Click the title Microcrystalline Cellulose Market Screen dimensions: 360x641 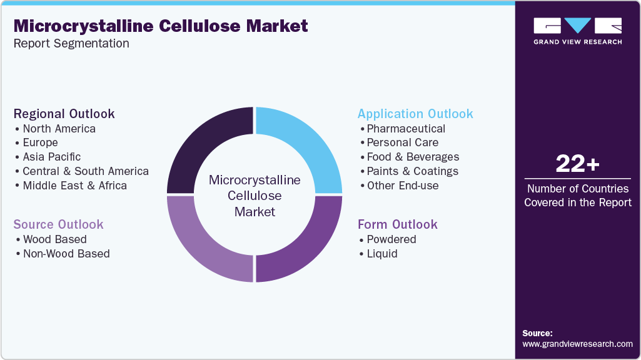click(x=161, y=26)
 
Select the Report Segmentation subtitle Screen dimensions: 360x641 click(x=71, y=44)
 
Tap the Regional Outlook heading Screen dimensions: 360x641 click(x=64, y=114)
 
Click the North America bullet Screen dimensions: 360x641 click(x=59, y=129)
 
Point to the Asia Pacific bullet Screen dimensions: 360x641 click(x=51, y=157)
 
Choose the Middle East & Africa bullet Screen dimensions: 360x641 click(x=74, y=186)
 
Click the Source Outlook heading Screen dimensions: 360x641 click(x=58, y=224)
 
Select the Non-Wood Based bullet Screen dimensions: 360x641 click(x=66, y=254)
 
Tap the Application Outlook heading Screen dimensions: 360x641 click(x=415, y=114)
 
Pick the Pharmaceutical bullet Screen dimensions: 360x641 click(x=406, y=129)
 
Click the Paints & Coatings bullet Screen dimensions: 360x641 click(x=412, y=171)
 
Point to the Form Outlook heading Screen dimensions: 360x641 click(x=397, y=224)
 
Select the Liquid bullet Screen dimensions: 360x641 click(x=381, y=254)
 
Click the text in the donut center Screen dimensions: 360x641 click(x=255, y=196)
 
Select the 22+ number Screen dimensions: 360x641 click(x=577, y=164)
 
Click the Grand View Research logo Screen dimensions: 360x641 click(x=577, y=31)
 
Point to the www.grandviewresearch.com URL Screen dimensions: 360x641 click(x=577, y=344)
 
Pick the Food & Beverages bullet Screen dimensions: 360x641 click(x=413, y=157)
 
